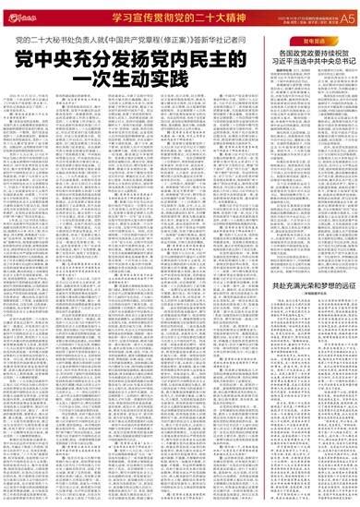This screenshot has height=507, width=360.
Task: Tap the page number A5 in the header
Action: [x=346, y=17]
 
